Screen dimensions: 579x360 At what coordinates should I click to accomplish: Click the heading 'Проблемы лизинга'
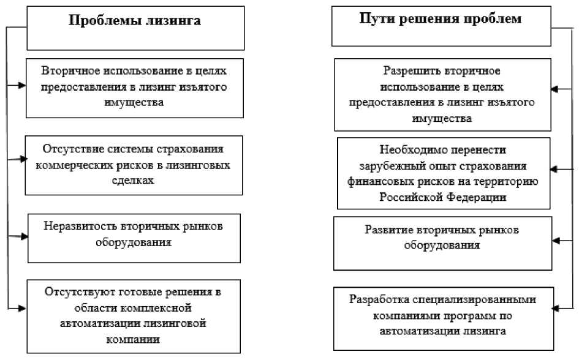[135, 21]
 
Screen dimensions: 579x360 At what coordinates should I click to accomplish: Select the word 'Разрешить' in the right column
[407, 70]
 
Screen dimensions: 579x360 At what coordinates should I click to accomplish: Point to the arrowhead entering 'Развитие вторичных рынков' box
[554, 241]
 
